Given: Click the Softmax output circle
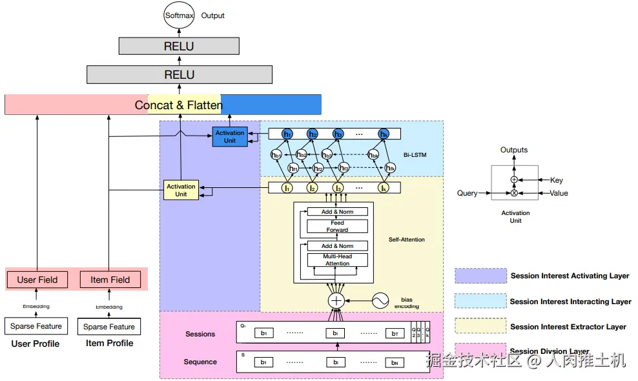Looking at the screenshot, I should coord(179,15).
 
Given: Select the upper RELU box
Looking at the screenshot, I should coord(179,46).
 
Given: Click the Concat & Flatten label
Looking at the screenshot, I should coord(178,105).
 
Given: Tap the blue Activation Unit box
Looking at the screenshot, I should coord(230,136).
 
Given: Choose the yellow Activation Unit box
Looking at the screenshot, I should coord(181,190).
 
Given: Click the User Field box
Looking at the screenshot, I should coord(37,280).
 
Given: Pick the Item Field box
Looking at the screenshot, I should coord(110,280).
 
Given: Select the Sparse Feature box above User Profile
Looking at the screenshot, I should coord(36,326).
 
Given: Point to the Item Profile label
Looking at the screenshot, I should coord(109,343).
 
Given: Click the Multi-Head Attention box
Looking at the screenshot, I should coord(337,260).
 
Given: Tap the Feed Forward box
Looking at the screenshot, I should coord(337,226).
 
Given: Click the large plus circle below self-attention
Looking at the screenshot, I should coord(336,300).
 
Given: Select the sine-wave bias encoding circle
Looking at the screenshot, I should coord(380,300).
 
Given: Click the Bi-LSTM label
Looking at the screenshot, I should coord(415,156).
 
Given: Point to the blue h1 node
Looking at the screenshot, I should coord(287,134).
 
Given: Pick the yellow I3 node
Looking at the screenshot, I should coord(338,188).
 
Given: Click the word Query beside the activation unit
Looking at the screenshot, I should coord(468,193).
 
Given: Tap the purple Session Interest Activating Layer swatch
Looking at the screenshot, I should coord(480,276).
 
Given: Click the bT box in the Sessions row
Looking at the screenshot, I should coord(394,333).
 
